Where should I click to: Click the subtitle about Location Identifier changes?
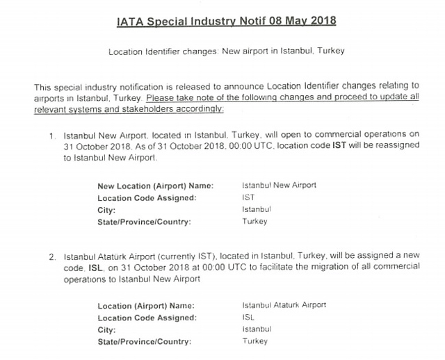pyautogui.click(x=227, y=52)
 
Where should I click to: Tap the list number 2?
pyautogui.click(x=52, y=256)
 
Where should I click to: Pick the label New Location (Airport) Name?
pyautogui.click(x=155, y=186)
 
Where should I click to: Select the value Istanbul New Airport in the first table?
pyautogui.click(x=279, y=186)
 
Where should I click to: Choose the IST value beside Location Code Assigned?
pyautogui.click(x=248, y=197)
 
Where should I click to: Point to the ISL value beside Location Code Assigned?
pyautogui.click(x=248, y=318)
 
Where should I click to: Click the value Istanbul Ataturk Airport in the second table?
pyautogui.click(x=284, y=305)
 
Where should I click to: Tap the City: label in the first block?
pyautogui.click(x=106, y=210)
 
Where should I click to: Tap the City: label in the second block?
pyautogui.click(x=106, y=329)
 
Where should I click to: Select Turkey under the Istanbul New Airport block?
pyautogui.click(x=254, y=222)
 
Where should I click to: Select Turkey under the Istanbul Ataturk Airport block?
pyautogui.click(x=254, y=341)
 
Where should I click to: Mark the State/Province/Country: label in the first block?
pyautogui.click(x=144, y=222)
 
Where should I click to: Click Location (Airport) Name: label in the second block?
pyautogui.click(x=146, y=306)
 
